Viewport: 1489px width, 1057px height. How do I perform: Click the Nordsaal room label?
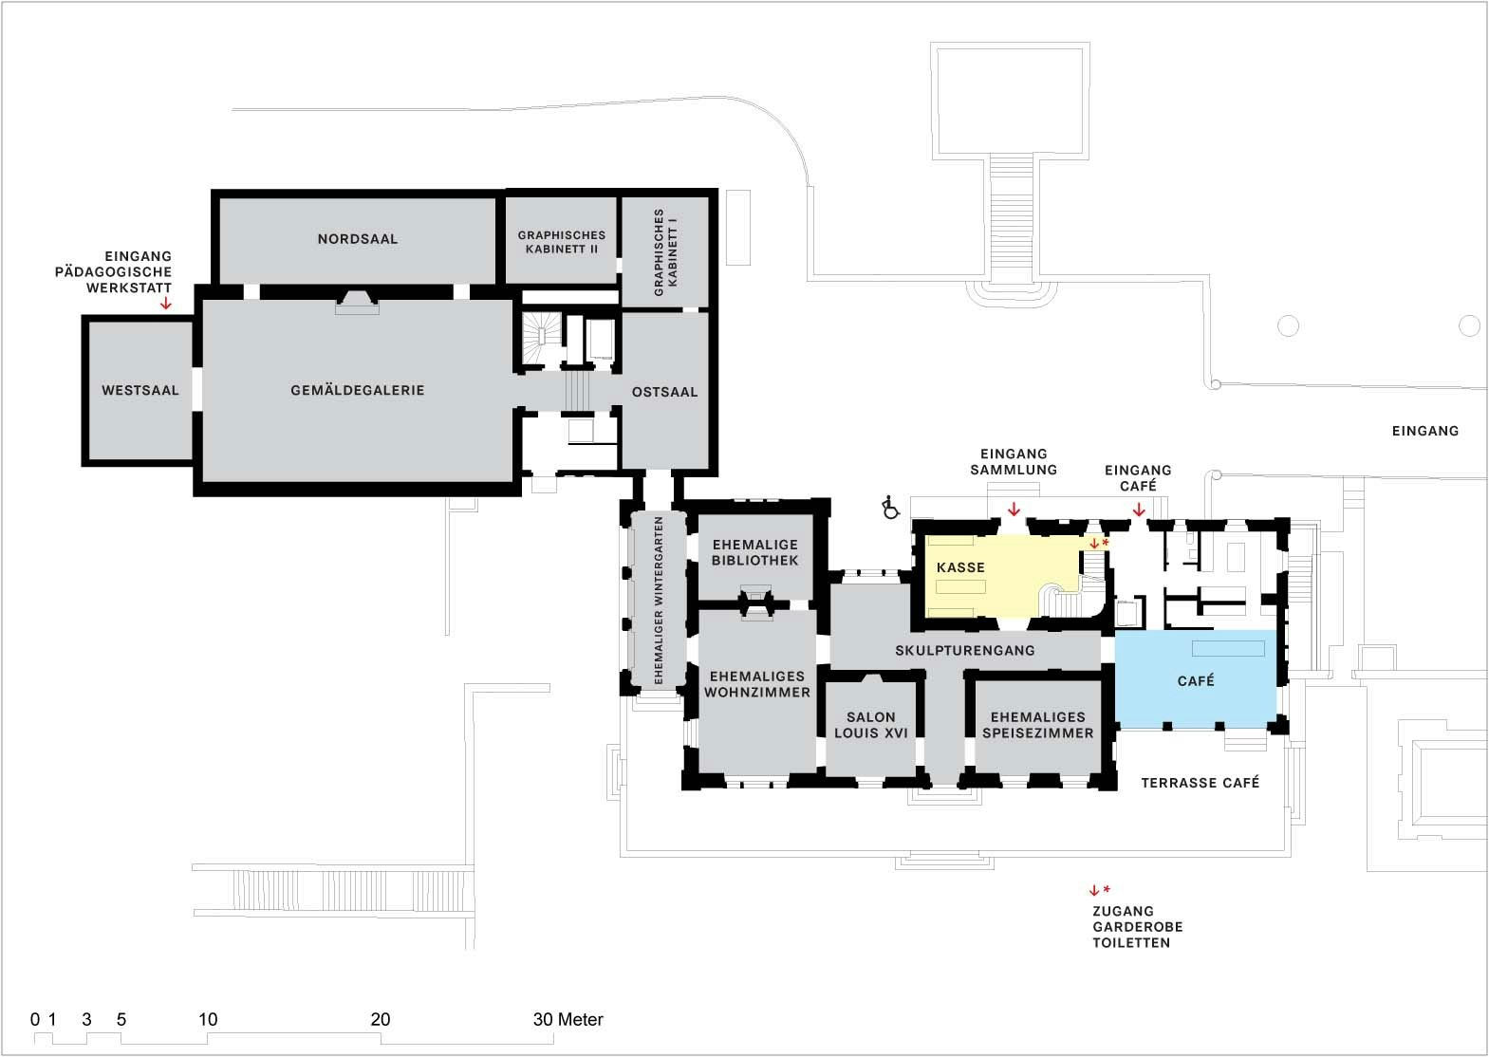358,239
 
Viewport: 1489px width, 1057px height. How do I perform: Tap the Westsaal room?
140,390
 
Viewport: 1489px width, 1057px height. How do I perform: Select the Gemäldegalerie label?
358,390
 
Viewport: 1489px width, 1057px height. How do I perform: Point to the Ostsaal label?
664,391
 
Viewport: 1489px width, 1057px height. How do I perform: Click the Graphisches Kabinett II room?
562,242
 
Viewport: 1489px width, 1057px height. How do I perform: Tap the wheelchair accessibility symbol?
890,508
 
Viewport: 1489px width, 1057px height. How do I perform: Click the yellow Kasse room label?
960,567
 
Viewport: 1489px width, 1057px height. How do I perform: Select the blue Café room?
1195,680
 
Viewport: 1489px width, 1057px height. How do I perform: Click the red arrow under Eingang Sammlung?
1014,510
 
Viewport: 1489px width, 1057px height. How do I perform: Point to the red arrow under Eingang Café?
1139,510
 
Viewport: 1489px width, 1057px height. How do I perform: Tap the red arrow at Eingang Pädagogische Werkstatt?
166,304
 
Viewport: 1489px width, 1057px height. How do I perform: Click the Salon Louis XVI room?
870,725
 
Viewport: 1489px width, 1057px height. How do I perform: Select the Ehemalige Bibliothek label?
755,552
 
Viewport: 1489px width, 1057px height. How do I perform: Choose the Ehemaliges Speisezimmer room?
1037,725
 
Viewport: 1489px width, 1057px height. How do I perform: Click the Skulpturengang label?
964,651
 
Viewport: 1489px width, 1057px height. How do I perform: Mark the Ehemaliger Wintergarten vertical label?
658,600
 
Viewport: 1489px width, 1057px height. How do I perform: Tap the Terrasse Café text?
1200,783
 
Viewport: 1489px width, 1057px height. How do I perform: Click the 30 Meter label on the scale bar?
568,1020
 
